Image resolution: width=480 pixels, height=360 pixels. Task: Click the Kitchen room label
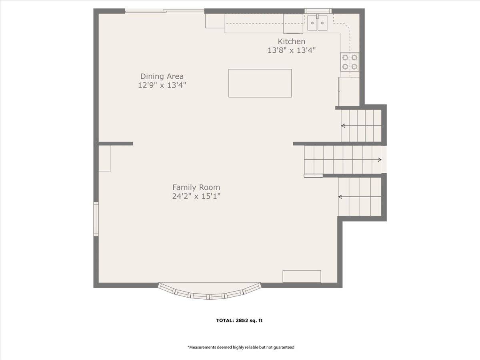click(292, 41)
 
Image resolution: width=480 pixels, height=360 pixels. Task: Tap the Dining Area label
click(162, 76)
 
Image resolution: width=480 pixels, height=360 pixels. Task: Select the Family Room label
click(196, 187)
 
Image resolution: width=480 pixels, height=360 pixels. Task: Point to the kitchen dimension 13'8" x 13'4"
click(292, 50)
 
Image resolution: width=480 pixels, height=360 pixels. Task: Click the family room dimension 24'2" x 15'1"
click(196, 196)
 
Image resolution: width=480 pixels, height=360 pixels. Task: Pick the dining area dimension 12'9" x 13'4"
click(162, 85)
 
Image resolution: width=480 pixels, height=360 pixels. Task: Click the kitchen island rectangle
click(260, 83)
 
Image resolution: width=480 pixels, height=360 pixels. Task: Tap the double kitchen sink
click(317, 23)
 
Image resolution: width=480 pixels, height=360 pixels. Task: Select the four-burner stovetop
click(350, 62)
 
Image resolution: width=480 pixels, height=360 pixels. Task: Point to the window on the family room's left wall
click(96, 219)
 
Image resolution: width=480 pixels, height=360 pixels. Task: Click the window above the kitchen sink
click(318, 11)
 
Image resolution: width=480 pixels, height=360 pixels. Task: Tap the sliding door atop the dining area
click(165, 10)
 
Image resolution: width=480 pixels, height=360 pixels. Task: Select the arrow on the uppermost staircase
click(361, 126)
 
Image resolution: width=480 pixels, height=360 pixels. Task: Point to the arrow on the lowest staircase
click(360, 197)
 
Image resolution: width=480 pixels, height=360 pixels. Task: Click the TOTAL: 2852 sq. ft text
click(239, 321)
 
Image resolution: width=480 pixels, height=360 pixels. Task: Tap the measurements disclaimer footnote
click(241, 347)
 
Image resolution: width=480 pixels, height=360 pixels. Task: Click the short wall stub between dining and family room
click(116, 144)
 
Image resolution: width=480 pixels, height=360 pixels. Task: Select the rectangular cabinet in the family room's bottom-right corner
click(302, 276)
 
